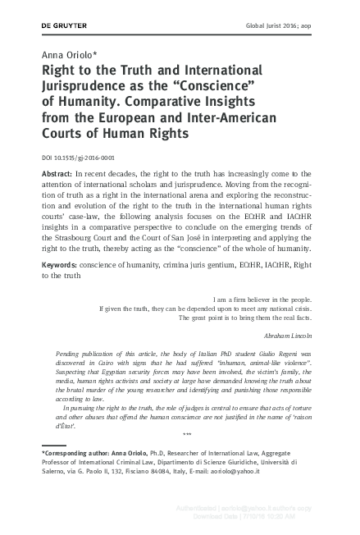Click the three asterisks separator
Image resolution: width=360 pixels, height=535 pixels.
pos(187,434)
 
